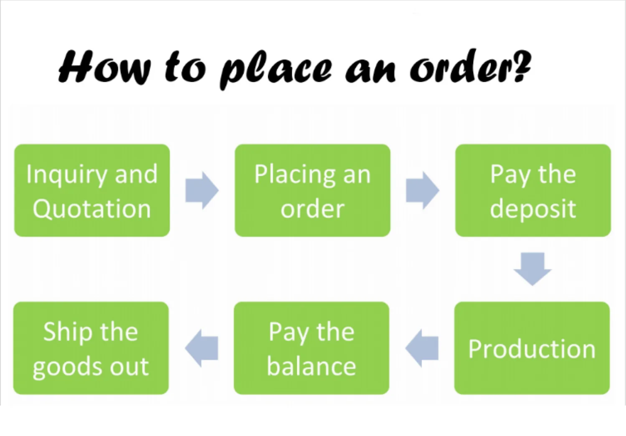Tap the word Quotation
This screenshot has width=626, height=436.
pyautogui.click(x=92, y=209)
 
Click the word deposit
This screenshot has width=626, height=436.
pyautogui.click(x=533, y=209)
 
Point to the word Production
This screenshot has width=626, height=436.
pyautogui.click(x=532, y=349)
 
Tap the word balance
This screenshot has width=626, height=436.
pyautogui.click(x=312, y=366)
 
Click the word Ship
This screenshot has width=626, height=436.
pyautogui.click(x=68, y=332)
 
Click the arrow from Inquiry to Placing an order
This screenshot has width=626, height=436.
pyautogui.click(x=202, y=190)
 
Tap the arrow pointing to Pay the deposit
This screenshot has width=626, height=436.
pyautogui.click(x=422, y=190)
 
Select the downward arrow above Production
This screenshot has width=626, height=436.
pyautogui.click(x=532, y=269)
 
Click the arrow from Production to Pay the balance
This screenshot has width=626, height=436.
pyautogui.click(x=422, y=348)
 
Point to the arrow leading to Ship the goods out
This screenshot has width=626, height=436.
pyautogui.click(x=202, y=348)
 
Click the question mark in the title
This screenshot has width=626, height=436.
pyautogui.click(x=522, y=66)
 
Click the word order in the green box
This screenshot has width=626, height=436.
pyautogui.click(x=312, y=209)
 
